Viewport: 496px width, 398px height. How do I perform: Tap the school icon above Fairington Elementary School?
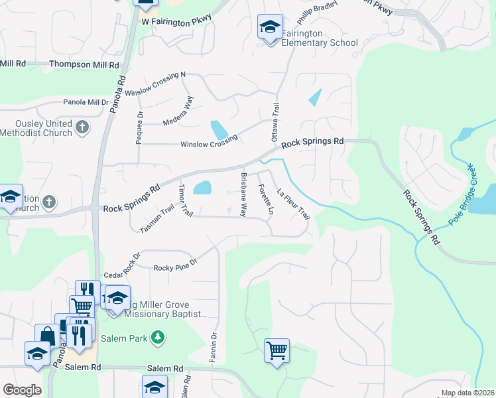point(270,28)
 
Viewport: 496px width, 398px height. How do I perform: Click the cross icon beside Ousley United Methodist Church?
point(82,127)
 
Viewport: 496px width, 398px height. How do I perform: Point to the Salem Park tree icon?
point(157,338)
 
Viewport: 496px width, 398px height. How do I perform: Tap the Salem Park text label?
point(128,338)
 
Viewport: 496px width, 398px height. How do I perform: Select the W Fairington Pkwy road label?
point(176,21)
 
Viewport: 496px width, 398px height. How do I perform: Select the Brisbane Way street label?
point(243,194)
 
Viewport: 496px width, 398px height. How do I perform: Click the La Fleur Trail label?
point(293,204)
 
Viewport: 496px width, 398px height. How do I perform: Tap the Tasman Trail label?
point(156,218)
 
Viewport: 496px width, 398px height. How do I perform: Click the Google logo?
point(22,390)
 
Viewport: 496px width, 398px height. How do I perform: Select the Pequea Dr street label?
point(140,124)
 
